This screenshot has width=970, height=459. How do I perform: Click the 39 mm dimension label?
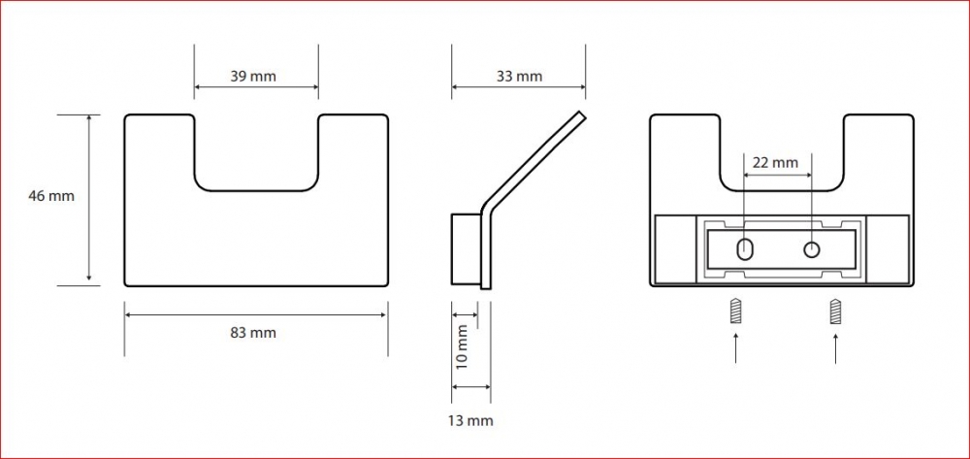[253, 77]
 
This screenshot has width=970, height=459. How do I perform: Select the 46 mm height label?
[51, 196]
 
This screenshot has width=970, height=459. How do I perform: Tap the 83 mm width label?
[253, 333]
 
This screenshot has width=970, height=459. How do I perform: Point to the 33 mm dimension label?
[519, 77]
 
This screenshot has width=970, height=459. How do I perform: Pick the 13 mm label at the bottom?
[470, 421]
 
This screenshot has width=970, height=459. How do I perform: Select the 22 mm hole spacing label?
[775, 163]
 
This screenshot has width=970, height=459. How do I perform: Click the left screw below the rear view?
[735, 311]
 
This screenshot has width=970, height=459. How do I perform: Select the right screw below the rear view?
[835, 311]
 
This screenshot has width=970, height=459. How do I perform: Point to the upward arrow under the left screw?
[735, 347]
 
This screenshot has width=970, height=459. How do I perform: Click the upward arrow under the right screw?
[835, 347]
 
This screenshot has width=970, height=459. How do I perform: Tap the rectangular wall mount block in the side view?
[467, 248]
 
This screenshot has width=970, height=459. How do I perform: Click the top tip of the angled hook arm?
[581, 114]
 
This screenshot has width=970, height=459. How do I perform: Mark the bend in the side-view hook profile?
[486, 208]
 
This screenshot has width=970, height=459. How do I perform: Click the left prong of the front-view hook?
[160, 151]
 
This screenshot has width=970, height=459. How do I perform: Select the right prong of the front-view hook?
[353, 151]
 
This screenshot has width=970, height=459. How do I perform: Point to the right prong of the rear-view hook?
[879, 151]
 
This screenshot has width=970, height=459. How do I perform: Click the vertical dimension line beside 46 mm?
[89, 200]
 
